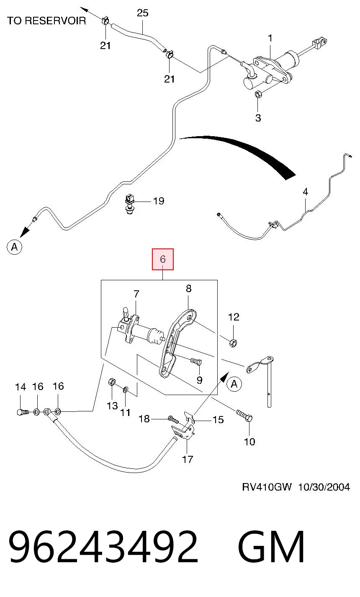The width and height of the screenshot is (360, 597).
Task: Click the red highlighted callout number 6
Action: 163,259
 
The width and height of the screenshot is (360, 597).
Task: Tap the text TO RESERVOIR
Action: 46,21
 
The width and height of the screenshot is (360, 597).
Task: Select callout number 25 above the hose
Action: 142,13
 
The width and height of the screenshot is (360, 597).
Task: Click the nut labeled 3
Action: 258,94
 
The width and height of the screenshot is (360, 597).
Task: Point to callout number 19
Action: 159,201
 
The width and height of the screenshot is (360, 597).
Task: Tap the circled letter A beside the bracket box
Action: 234,384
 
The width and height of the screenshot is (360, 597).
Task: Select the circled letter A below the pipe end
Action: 14,247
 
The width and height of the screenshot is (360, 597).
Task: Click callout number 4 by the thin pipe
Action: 306,191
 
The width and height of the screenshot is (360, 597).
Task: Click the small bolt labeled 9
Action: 196,362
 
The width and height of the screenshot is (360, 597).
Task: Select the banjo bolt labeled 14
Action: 22,412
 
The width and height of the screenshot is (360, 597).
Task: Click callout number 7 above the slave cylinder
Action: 136,294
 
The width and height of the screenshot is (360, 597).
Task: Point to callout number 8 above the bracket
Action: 188,288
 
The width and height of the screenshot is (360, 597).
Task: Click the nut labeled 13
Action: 112,382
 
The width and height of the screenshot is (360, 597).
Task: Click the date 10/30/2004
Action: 324,487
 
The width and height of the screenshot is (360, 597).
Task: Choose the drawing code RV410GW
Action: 267,487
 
